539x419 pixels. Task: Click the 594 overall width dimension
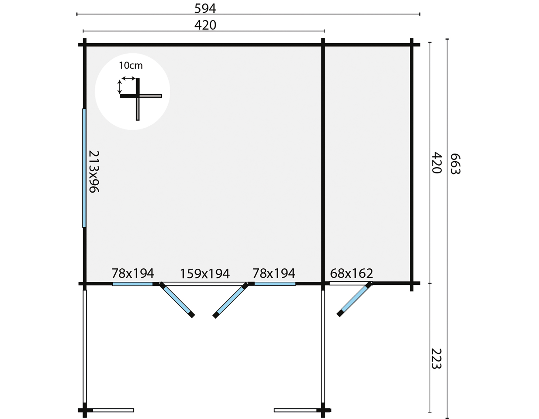(x=205, y=9)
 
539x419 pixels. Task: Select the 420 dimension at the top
(x=205, y=25)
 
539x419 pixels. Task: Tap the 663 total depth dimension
(x=455, y=164)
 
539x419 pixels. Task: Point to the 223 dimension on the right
(x=436, y=359)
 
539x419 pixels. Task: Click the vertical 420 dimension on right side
(x=437, y=163)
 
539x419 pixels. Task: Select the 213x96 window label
(x=94, y=171)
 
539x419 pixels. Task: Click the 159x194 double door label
(x=205, y=274)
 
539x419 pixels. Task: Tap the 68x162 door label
(x=351, y=273)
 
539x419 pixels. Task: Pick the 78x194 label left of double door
(x=133, y=273)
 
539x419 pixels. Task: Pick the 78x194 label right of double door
(x=274, y=273)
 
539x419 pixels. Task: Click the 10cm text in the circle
(x=131, y=65)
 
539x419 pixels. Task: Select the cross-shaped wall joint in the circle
(x=138, y=96)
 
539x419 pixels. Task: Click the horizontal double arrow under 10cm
(x=129, y=79)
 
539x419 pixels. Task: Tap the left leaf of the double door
(x=177, y=300)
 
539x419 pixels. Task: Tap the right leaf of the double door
(x=231, y=300)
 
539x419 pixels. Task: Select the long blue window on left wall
(x=84, y=168)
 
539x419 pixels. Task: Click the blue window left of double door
(x=133, y=284)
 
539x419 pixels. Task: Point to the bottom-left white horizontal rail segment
(x=113, y=410)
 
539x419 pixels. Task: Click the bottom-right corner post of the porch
(x=323, y=410)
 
